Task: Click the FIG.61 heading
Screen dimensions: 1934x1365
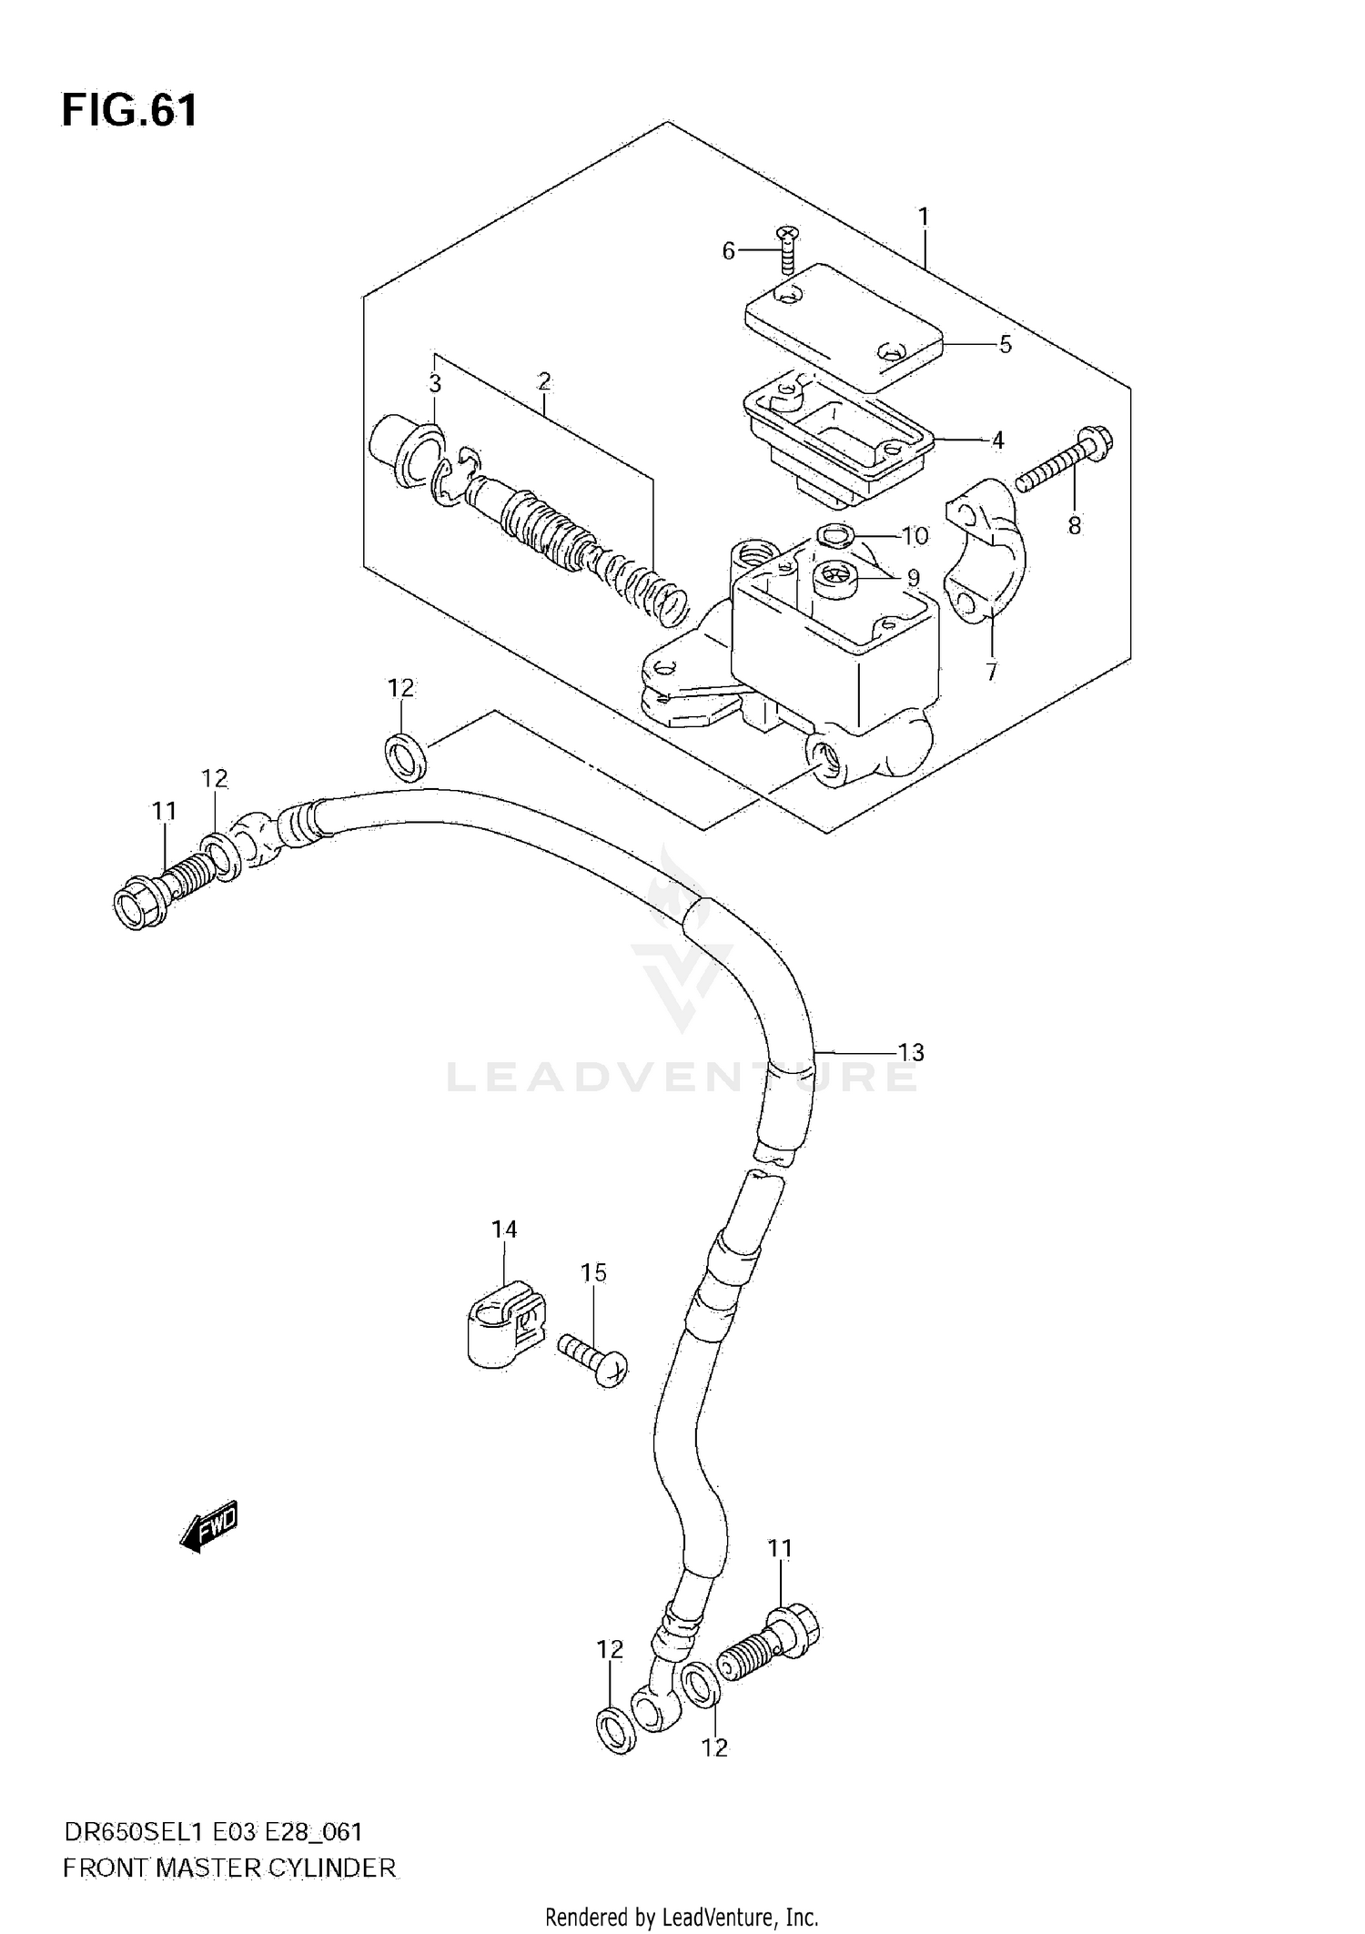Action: coord(129,111)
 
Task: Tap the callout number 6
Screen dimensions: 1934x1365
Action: coord(728,250)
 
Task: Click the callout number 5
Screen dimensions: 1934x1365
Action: coord(1005,345)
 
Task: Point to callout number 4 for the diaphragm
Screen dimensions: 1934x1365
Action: coord(997,440)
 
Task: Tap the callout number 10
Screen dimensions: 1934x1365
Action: coord(915,536)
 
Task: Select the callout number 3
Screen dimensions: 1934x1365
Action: coord(435,384)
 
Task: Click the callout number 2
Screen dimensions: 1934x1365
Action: coord(544,381)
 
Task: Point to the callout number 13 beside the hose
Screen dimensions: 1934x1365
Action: coord(911,1052)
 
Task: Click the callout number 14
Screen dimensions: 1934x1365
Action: coord(504,1230)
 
